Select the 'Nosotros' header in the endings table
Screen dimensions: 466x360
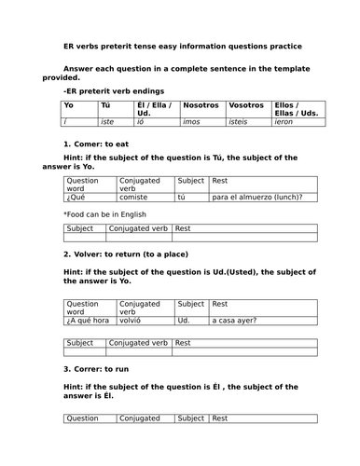(201, 106)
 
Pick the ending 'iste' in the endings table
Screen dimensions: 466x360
(110, 123)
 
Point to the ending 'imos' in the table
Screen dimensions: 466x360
(194, 123)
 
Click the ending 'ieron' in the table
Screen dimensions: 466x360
(285, 123)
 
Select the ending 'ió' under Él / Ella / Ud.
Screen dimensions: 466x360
(144, 123)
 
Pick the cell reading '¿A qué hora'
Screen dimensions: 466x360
(89, 321)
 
